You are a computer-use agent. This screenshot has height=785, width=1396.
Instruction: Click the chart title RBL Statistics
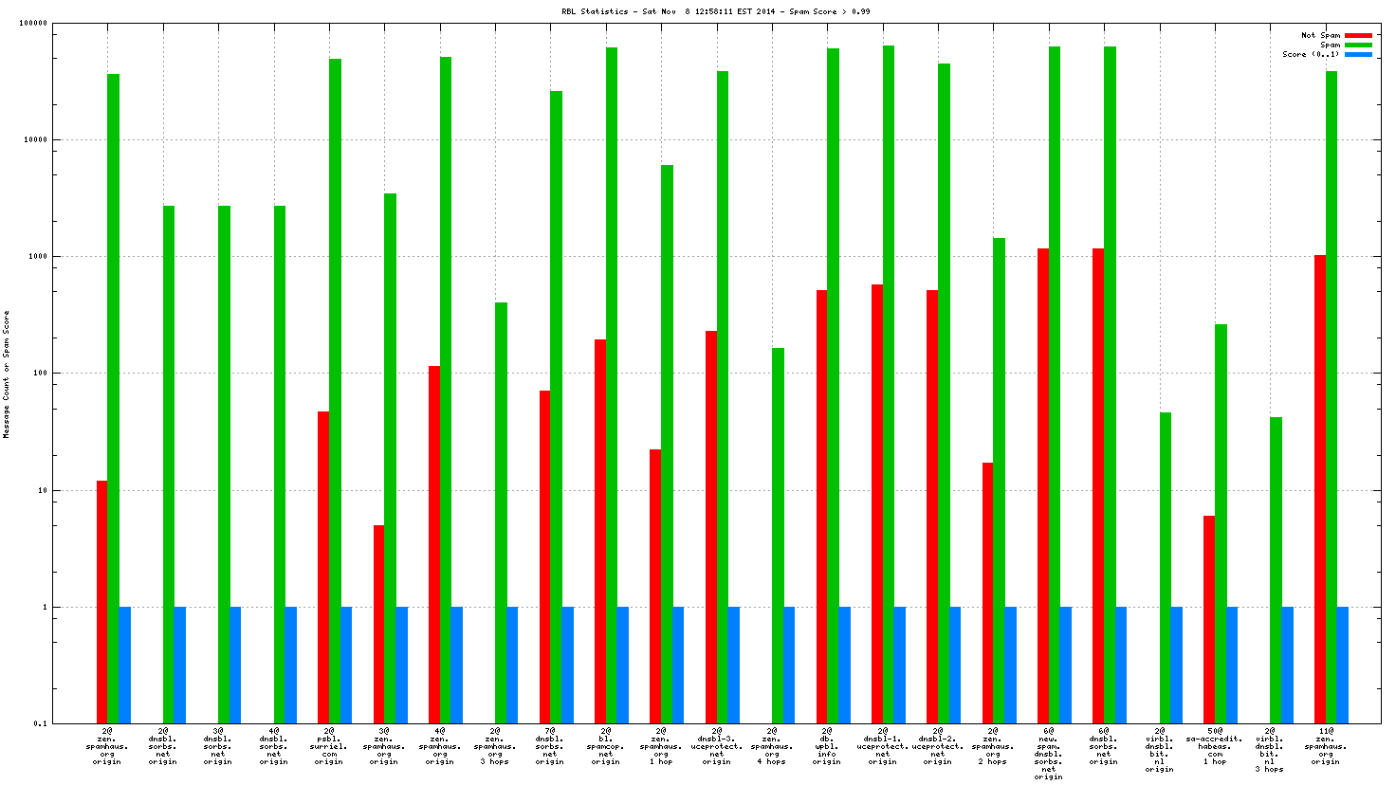pos(715,11)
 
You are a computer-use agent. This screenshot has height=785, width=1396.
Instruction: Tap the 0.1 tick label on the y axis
pos(40,723)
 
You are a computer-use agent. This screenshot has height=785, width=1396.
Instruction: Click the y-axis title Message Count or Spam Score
pos(7,374)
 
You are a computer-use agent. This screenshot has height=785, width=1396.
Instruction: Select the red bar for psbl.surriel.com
pos(323,567)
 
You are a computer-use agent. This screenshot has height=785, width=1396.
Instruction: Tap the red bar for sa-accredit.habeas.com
pos(1209,619)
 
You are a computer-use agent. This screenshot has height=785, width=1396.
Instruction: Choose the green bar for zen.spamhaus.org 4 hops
pos(778,536)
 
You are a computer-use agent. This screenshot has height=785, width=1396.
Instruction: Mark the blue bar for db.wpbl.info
pos(844,665)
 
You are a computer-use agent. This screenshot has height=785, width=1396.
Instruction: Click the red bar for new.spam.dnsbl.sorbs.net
pos(1043,485)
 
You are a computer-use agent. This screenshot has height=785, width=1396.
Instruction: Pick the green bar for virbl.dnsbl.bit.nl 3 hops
pos(1276,570)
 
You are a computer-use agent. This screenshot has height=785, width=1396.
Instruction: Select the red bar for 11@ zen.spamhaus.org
pos(1320,489)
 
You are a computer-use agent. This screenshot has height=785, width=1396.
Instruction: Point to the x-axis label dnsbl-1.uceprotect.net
pos(882,746)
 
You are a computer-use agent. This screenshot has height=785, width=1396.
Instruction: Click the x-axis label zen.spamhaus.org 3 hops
pos(494,746)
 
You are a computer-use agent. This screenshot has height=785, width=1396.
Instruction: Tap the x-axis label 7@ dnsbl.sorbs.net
pos(550,746)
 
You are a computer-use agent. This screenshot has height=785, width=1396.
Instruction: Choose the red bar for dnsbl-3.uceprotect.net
pos(711,527)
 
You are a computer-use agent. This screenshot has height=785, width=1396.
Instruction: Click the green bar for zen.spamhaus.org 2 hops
pos(999,481)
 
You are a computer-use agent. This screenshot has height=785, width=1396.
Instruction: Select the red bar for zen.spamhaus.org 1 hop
pos(655,586)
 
